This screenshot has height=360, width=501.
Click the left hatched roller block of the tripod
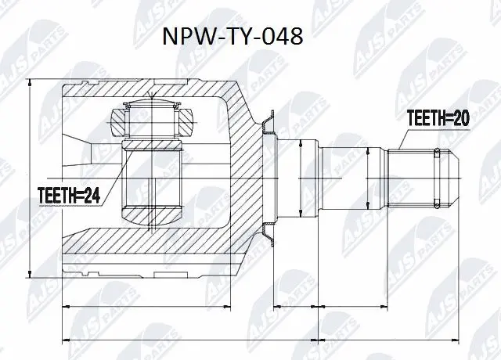[x=117, y=121]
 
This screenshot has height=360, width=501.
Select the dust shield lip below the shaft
[x=268, y=232]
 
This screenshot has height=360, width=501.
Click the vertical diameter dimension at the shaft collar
[x=301, y=176]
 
